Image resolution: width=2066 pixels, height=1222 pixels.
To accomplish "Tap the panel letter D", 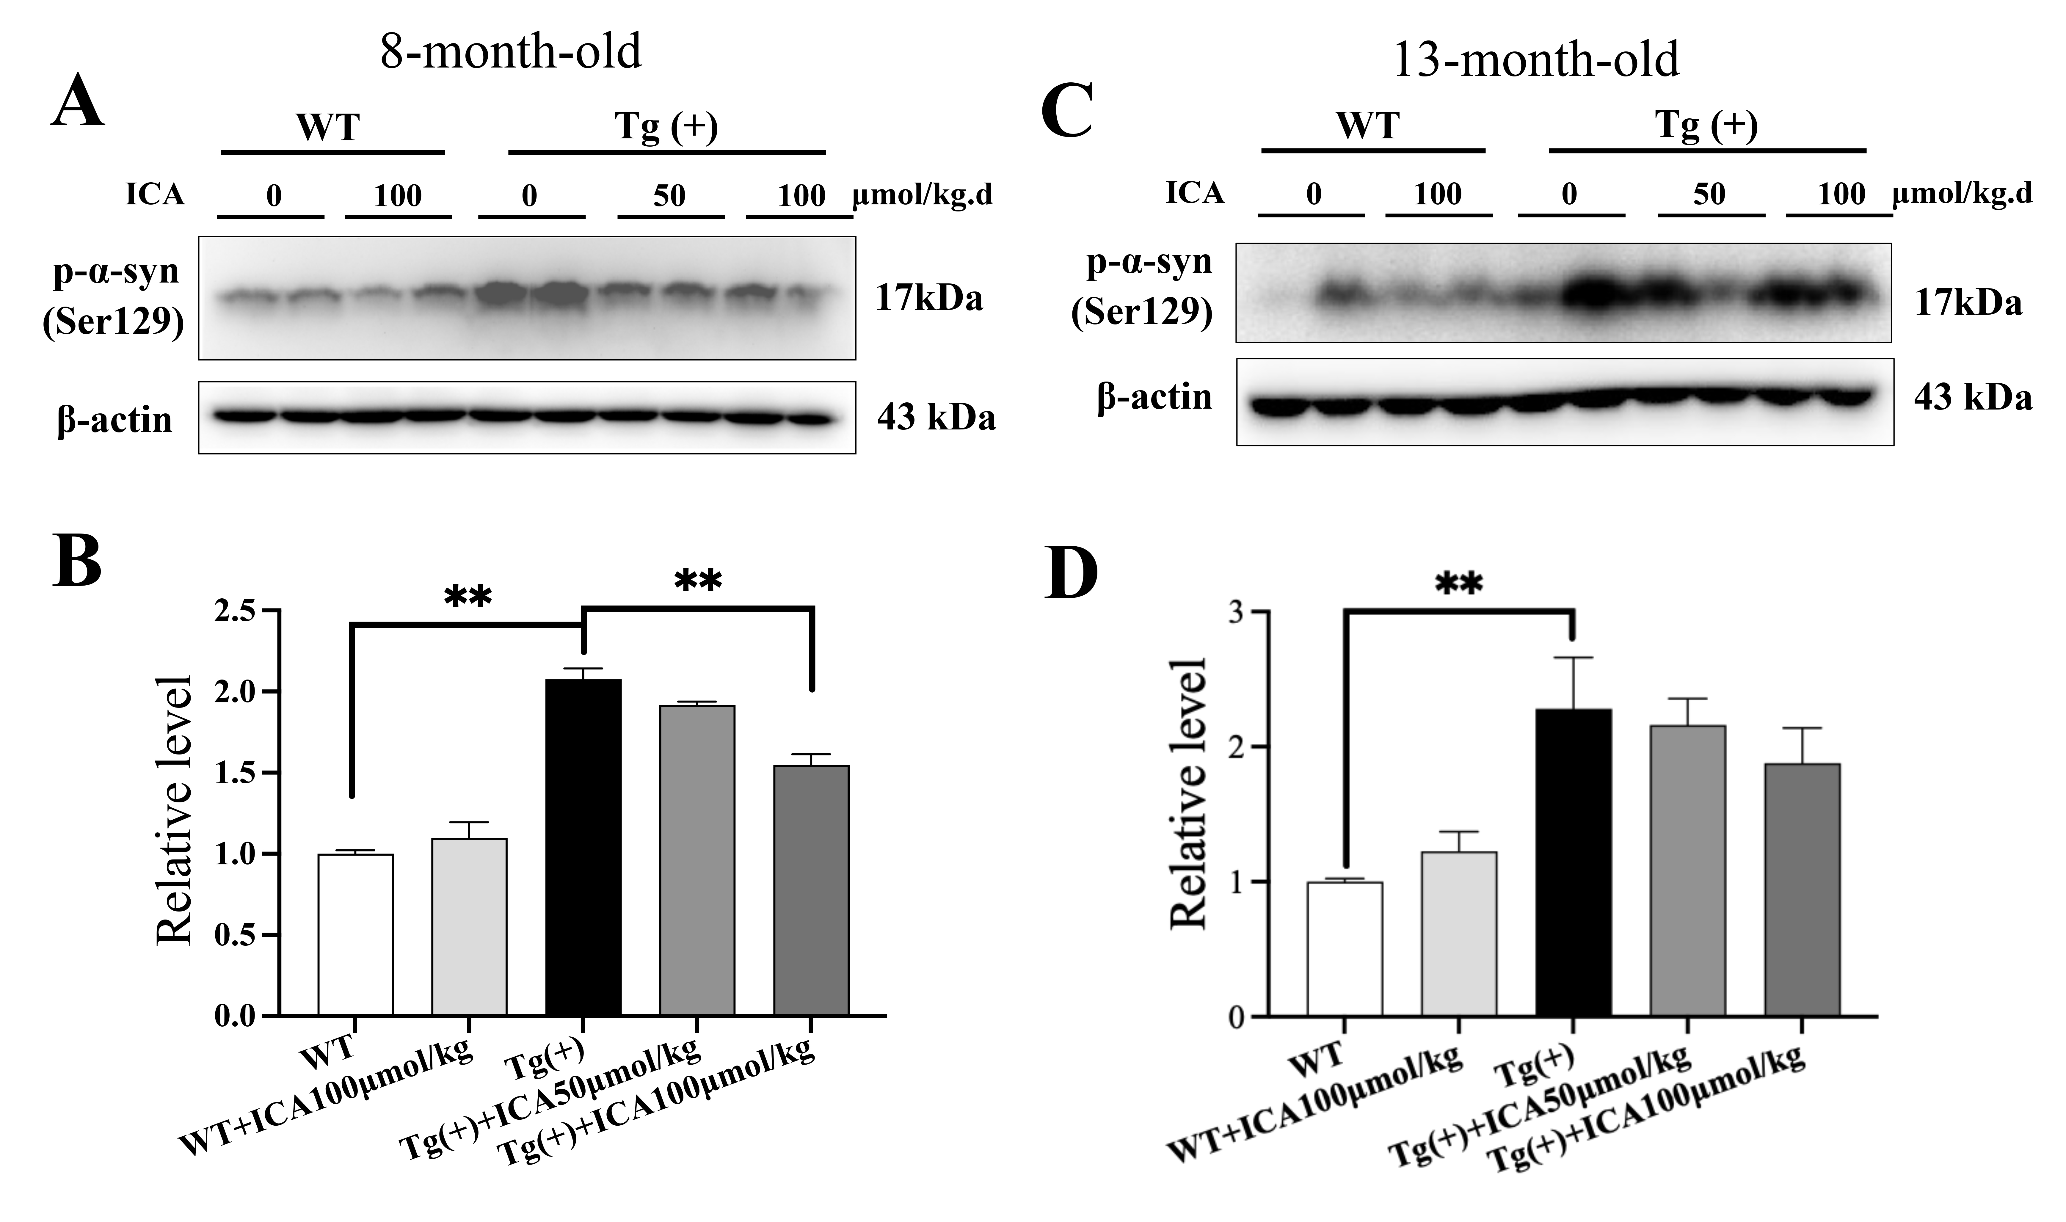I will [1070, 572].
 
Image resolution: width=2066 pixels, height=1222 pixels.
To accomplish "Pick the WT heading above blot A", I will [328, 128].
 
